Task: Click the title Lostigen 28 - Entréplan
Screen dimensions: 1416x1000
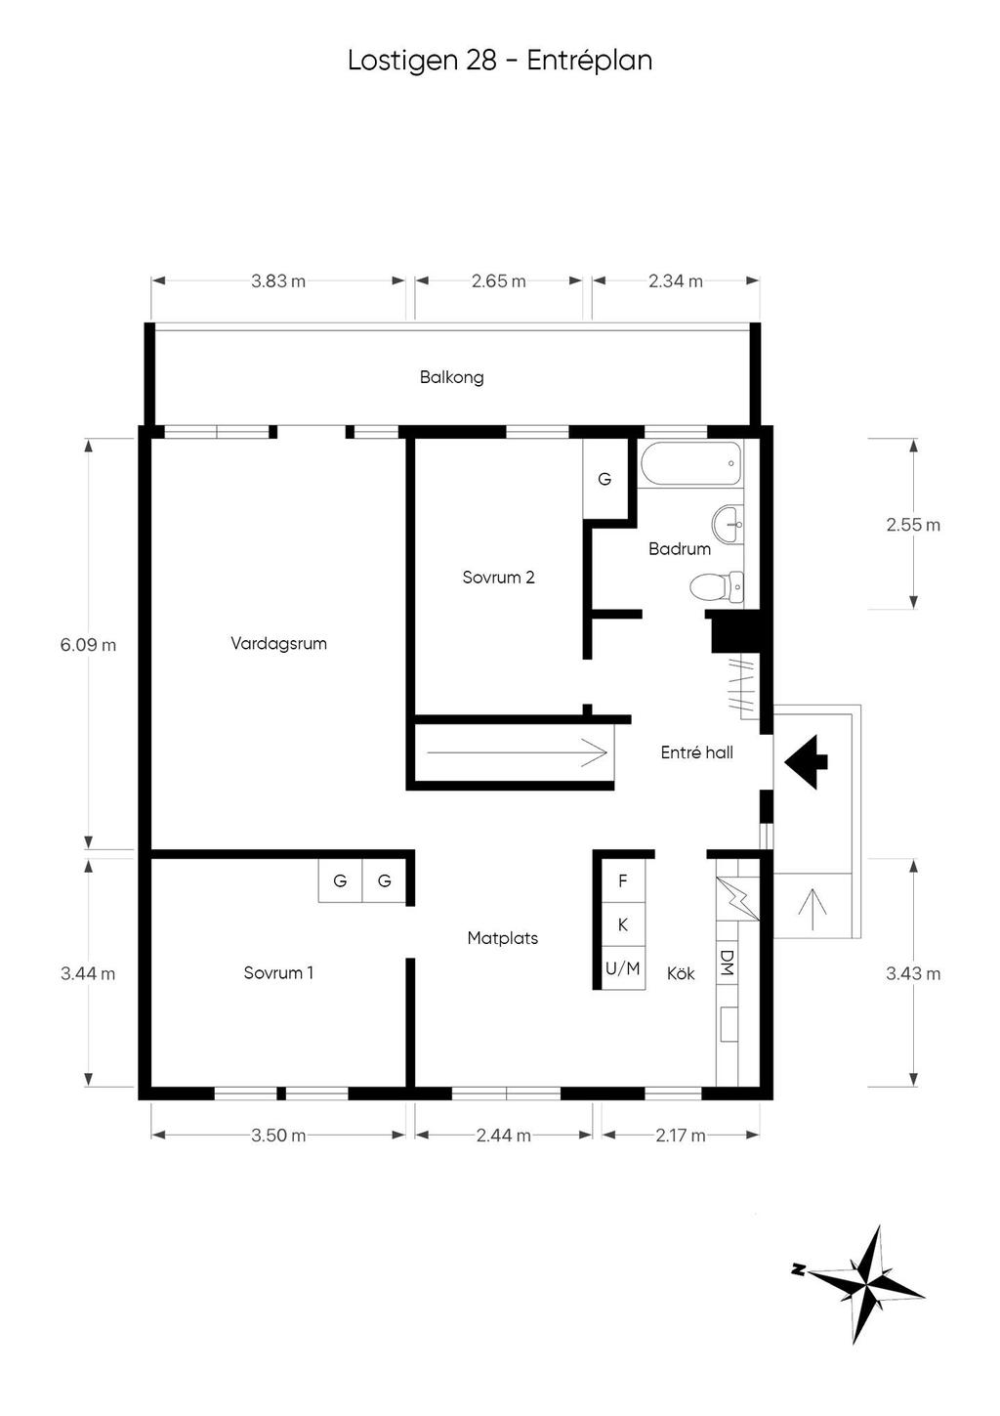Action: [x=499, y=61]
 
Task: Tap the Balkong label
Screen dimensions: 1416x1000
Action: [x=451, y=377]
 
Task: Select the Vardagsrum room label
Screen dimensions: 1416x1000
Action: [x=278, y=643]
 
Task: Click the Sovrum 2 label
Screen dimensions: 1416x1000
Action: [x=498, y=578]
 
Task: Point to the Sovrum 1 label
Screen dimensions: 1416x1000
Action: [x=278, y=973]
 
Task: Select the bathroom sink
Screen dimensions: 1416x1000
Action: [x=728, y=524]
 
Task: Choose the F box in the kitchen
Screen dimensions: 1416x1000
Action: [x=622, y=881]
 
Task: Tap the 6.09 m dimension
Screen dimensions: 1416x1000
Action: [x=88, y=645]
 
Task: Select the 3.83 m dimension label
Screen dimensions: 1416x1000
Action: [x=278, y=281]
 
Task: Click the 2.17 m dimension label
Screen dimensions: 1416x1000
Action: [x=680, y=1136]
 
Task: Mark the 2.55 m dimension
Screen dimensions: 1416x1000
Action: [x=913, y=525]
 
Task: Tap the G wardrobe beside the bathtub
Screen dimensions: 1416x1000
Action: [x=604, y=480]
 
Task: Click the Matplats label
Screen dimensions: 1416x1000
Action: [x=502, y=938]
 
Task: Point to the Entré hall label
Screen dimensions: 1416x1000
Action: [x=696, y=752]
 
